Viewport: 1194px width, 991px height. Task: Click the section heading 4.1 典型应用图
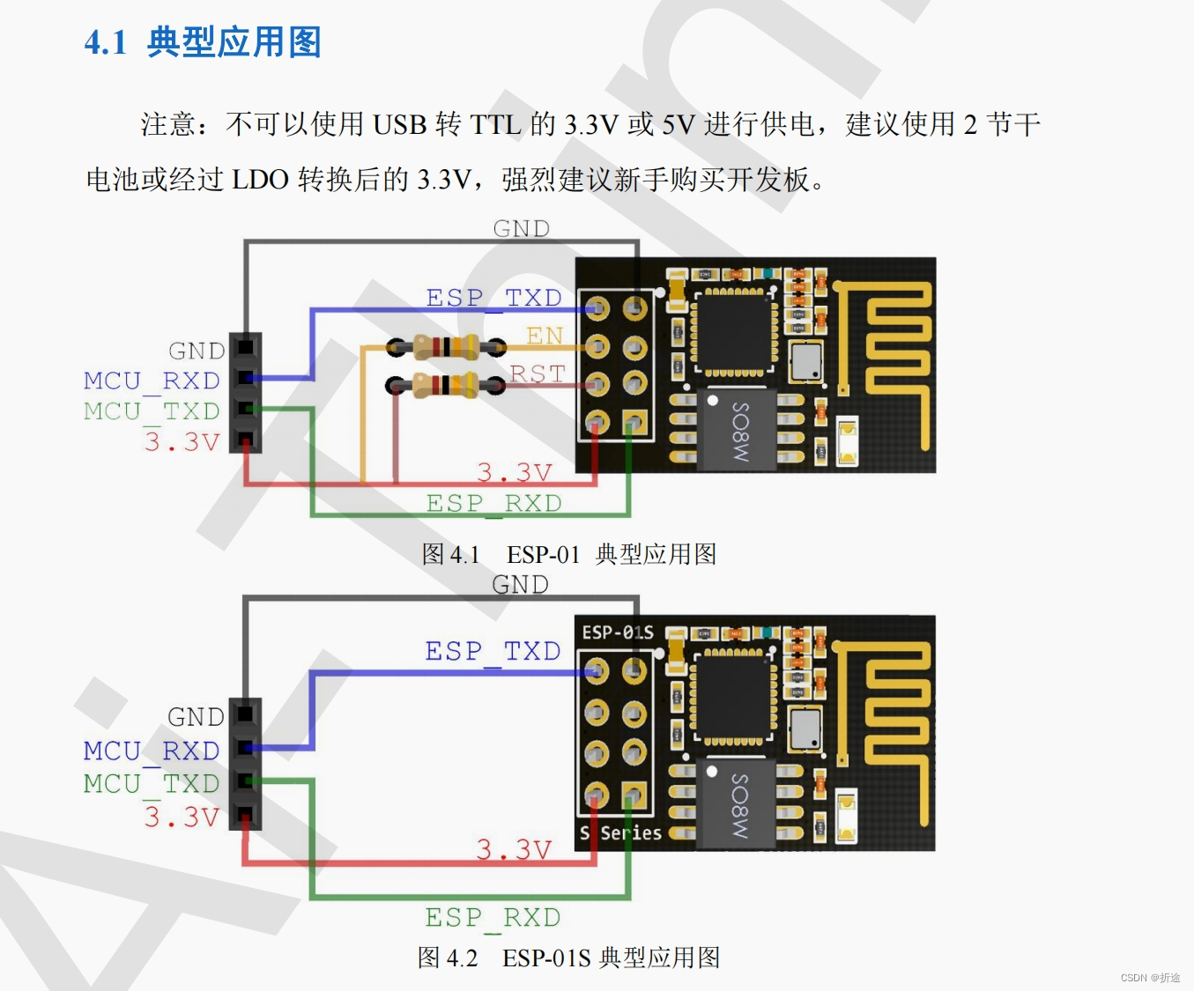click(203, 42)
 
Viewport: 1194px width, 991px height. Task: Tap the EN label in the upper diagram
click(545, 336)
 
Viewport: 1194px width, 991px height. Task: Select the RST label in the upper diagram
click(537, 373)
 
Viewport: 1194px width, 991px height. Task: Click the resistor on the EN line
click(447, 346)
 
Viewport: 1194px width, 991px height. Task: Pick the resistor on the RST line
click(447, 385)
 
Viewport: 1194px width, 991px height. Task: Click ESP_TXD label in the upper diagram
click(493, 298)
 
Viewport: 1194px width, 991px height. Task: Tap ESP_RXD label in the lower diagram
click(493, 917)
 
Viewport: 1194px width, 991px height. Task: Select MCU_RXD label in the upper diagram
click(152, 381)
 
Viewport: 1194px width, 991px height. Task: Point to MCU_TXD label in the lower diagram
click(152, 783)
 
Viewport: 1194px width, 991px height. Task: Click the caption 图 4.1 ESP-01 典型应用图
click(568, 554)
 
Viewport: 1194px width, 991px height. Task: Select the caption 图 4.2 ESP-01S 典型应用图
click(568, 958)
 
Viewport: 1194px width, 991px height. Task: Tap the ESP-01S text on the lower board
click(618, 632)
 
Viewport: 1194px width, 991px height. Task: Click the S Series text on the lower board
click(620, 832)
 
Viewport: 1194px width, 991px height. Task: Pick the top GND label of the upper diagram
click(522, 229)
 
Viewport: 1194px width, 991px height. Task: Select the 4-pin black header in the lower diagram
click(245, 764)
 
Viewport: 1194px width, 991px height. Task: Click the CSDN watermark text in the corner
click(1150, 978)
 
